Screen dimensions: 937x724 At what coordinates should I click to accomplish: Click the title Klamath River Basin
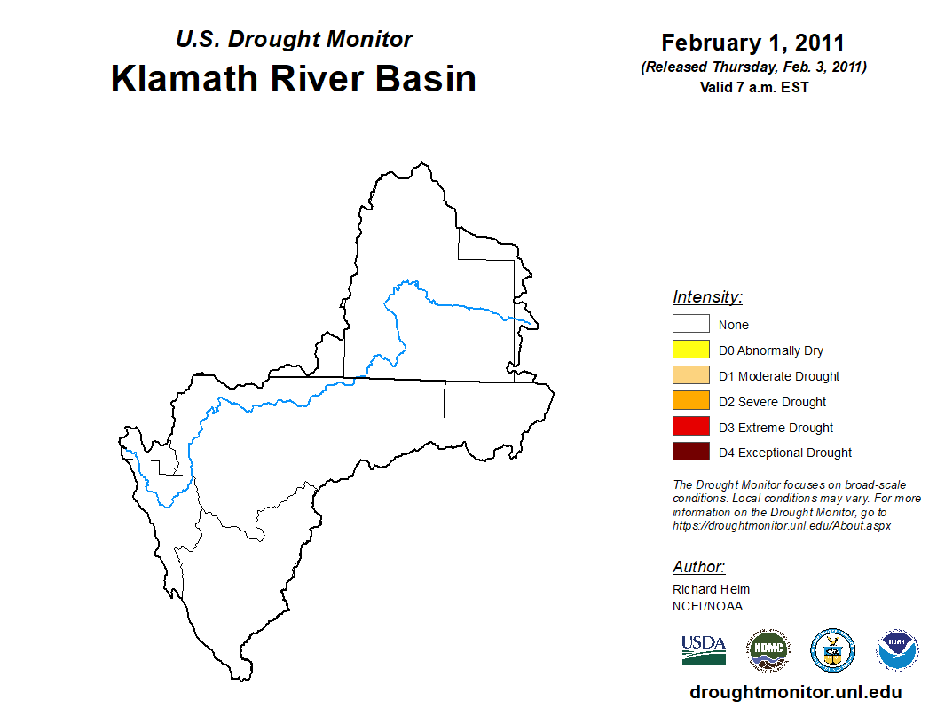(294, 79)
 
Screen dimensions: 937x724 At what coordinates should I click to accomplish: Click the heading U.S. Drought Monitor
(294, 39)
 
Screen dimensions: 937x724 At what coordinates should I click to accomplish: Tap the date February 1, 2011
(753, 43)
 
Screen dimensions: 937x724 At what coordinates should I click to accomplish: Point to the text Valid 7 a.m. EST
(754, 87)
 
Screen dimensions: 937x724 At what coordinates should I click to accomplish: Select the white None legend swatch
(691, 324)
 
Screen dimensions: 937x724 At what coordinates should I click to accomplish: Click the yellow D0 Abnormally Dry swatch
(691, 350)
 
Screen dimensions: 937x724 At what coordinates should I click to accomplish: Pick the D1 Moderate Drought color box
(691, 375)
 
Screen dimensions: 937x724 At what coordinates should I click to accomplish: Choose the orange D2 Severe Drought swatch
(691, 400)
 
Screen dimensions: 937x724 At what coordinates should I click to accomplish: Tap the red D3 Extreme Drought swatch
(691, 426)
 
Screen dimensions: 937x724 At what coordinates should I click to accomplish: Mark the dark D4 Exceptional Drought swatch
(691, 452)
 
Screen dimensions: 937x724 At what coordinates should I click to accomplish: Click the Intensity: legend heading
(707, 297)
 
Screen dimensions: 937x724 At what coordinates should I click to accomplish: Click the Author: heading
(698, 567)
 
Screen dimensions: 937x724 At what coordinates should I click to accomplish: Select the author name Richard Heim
(711, 589)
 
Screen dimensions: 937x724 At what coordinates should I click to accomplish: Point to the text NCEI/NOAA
(707, 606)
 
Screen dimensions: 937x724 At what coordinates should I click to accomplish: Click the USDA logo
(704, 650)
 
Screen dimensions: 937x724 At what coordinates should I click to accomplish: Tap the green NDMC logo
(768, 650)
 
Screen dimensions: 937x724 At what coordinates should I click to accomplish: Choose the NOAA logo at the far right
(897, 650)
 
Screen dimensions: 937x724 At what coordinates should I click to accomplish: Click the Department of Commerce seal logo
(832, 650)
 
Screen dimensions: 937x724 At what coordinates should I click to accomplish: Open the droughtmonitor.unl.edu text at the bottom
(795, 692)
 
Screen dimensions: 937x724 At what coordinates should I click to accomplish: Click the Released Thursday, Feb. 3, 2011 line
(754, 67)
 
